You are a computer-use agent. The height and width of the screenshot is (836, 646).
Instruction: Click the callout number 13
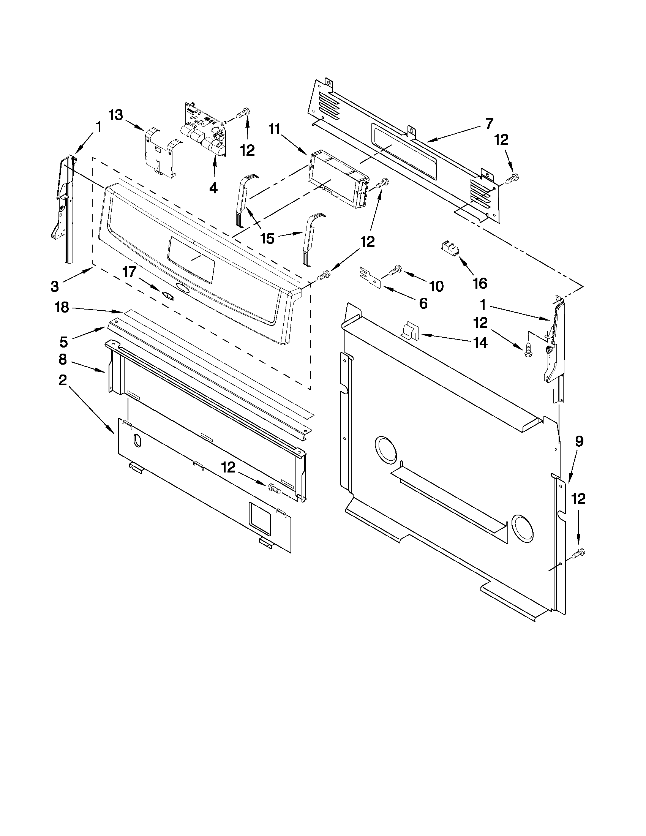[116, 114]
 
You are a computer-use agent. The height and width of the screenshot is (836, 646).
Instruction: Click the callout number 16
[480, 283]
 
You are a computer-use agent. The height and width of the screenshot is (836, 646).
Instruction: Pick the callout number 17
[129, 272]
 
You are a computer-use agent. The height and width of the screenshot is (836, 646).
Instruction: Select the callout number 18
[62, 307]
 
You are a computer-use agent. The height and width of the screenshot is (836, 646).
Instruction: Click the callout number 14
[480, 343]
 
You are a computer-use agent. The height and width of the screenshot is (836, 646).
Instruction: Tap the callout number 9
[579, 442]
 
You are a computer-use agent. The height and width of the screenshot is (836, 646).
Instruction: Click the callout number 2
[62, 380]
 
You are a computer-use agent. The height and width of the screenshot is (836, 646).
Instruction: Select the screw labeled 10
[394, 271]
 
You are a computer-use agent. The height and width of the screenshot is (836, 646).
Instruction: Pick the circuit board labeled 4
[204, 130]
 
